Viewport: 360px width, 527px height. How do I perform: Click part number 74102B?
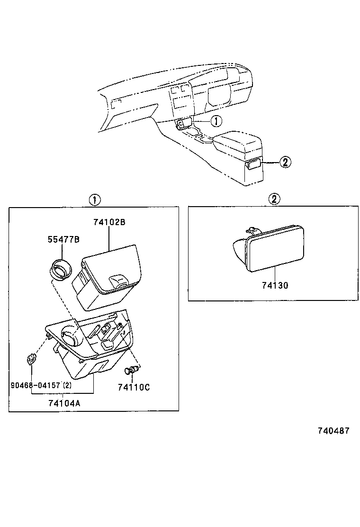pyautogui.click(x=109, y=222)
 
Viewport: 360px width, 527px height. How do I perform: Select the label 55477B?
pyautogui.click(x=63, y=240)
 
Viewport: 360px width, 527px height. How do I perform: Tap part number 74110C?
pyautogui.click(x=134, y=387)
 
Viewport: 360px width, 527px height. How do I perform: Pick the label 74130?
pyautogui.click(x=275, y=286)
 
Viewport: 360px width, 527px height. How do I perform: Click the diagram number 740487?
pyautogui.click(x=333, y=431)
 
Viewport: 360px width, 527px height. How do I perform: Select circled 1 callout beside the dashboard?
pyautogui.click(x=216, y=121)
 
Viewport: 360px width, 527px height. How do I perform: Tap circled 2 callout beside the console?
pyautogui.click(x=284, y=162)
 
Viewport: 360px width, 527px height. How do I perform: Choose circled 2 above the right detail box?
pyautogui.click(x=274, y=200)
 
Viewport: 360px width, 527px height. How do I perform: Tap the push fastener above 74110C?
pyautogui.click(x=131, y=370)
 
